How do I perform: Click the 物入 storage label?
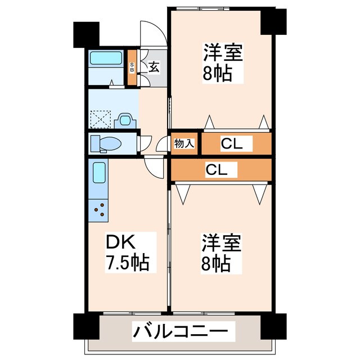184,143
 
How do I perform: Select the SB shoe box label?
132,68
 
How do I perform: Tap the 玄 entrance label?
153,67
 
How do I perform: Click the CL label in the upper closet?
232,143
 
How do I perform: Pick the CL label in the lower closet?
216,169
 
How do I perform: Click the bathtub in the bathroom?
107,58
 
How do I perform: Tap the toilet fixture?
105,143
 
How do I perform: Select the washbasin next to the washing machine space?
124,120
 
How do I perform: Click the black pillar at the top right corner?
274,21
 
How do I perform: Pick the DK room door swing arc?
153,166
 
